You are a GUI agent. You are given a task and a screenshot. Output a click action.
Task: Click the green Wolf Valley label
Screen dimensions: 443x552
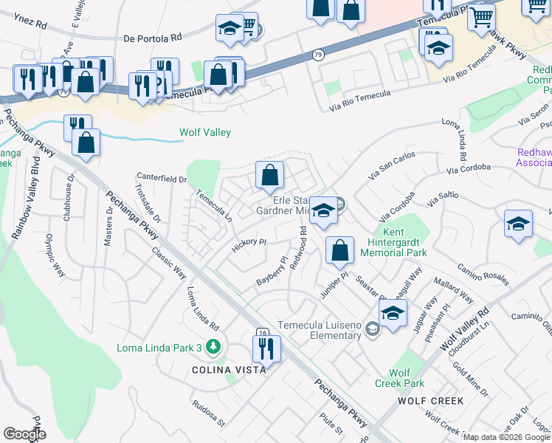tap(205, 133)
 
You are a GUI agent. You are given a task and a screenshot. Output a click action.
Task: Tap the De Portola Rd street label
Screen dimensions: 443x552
tap(153, 37)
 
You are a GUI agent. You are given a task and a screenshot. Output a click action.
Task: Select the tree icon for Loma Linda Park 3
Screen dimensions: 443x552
tap(213, 346)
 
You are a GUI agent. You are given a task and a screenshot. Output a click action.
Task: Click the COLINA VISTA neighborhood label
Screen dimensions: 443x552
tap(229, 370)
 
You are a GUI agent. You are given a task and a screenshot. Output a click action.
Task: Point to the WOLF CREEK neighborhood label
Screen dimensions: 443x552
tap(430, 401)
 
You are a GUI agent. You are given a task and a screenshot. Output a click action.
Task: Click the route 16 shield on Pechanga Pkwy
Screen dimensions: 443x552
tap(262, 333)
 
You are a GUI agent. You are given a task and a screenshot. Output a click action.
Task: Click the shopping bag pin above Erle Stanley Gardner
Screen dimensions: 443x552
tap(270, 175)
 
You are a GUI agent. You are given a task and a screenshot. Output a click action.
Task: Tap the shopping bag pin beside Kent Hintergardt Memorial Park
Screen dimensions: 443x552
tap(339, 250)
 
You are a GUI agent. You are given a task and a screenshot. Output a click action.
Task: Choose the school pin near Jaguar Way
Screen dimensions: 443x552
tap(393, 312)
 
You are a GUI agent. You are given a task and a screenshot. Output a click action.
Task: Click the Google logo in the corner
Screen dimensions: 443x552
tap(24, 434)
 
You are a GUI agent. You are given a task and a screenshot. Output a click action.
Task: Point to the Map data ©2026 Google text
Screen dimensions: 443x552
tap(506, 437)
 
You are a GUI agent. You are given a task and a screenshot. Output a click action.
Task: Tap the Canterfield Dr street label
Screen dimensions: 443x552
tap(162, 178)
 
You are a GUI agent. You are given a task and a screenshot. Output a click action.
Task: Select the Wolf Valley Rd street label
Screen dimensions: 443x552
tap(464, 329)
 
